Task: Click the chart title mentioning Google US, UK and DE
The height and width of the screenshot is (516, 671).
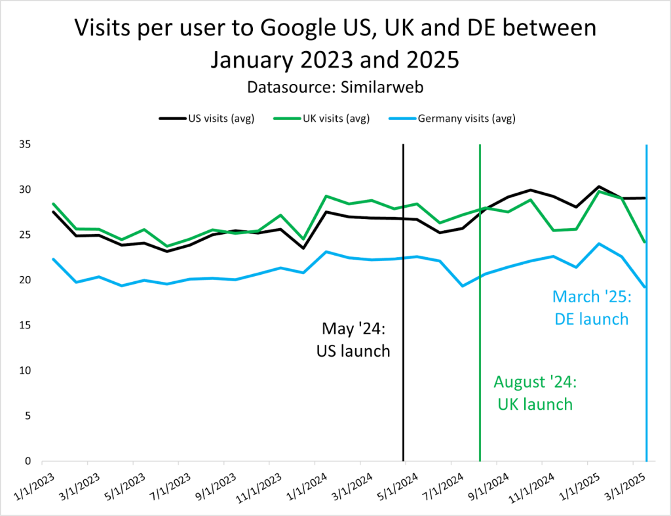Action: click(x=335, y=43)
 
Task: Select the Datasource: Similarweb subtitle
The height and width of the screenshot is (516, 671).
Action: click(x=335, y=87)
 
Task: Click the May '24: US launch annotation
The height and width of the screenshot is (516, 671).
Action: click(x=353, y=340)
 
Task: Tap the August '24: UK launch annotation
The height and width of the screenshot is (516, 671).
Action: click(x=533, y=393)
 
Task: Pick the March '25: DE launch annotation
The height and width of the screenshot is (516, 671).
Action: click(x=590, y=308)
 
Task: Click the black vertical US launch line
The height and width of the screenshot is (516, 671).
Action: click(x=403, y=393)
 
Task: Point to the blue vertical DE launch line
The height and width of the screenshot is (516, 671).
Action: click(x=647, y=393)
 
